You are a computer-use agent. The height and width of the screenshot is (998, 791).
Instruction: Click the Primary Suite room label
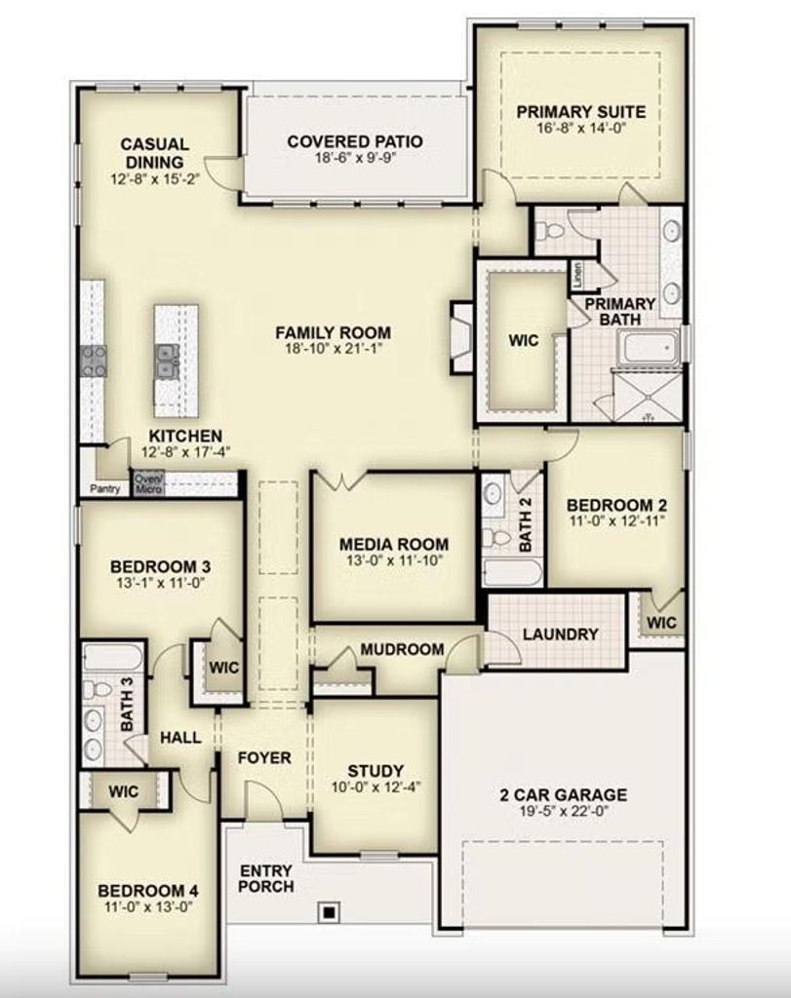(581, 112)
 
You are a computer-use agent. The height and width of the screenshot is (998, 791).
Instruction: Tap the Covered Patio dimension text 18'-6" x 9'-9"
(356, 158)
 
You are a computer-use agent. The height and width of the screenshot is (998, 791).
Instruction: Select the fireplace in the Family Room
(461, 337)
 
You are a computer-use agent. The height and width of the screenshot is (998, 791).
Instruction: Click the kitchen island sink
(166, 361)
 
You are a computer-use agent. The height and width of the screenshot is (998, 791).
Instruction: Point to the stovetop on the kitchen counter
(94, 361)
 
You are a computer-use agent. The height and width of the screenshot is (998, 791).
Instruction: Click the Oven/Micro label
(148, 483)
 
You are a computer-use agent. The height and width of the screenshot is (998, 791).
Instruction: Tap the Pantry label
(105, 489)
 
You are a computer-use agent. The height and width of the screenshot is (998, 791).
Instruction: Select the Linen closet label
(577, 275)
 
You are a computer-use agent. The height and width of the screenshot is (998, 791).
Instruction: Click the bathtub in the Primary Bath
(651, 349)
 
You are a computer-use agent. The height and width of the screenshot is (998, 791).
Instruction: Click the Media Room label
(394, 544)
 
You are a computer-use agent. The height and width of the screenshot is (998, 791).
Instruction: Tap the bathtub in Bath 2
(513, 572)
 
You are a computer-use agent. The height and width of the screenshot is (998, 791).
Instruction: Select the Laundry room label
(561, 633)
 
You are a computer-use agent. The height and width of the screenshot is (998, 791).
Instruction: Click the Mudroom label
(402, 649)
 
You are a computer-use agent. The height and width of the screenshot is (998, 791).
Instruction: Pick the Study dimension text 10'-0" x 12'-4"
(376, 787)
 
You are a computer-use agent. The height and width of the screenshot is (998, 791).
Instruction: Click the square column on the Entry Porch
(329, 912)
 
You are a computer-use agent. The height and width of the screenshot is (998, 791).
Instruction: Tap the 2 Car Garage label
(563, 794)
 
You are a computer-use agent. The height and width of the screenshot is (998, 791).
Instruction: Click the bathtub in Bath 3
(113, 657)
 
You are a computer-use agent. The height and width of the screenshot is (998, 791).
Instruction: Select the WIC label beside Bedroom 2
(661, 622)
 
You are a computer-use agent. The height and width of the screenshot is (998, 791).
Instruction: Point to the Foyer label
(264, 757)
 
